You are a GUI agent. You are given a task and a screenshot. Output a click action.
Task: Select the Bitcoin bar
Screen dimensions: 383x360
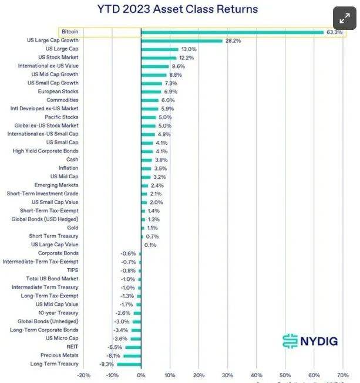coord(232,32)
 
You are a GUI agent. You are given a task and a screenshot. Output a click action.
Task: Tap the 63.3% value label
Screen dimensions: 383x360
coord(334,32)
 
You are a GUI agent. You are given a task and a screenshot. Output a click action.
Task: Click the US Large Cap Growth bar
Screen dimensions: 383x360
coord(181,40)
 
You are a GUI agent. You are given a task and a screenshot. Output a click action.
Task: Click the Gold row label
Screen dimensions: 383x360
coord(72,228)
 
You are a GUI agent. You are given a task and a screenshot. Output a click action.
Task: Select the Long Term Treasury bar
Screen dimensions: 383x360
coord(129,364)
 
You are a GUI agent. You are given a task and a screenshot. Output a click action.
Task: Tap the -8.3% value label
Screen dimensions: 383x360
coord(106,364)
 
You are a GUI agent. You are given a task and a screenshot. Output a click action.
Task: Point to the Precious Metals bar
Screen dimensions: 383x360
coord(132,355)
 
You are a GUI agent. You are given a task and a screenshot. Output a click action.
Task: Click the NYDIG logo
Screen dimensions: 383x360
coord(309,341)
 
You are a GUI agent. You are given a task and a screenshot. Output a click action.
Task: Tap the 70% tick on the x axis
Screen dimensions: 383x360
coord(343,375)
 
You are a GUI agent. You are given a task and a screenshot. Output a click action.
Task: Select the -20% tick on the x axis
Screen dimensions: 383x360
coord(83,375)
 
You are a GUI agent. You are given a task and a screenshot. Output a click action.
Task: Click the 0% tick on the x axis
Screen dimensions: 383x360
coord(141,375)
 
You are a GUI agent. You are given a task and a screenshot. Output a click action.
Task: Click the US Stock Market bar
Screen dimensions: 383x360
coord(159,57)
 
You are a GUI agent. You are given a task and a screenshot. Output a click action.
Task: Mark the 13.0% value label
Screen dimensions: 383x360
coord(189,49)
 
